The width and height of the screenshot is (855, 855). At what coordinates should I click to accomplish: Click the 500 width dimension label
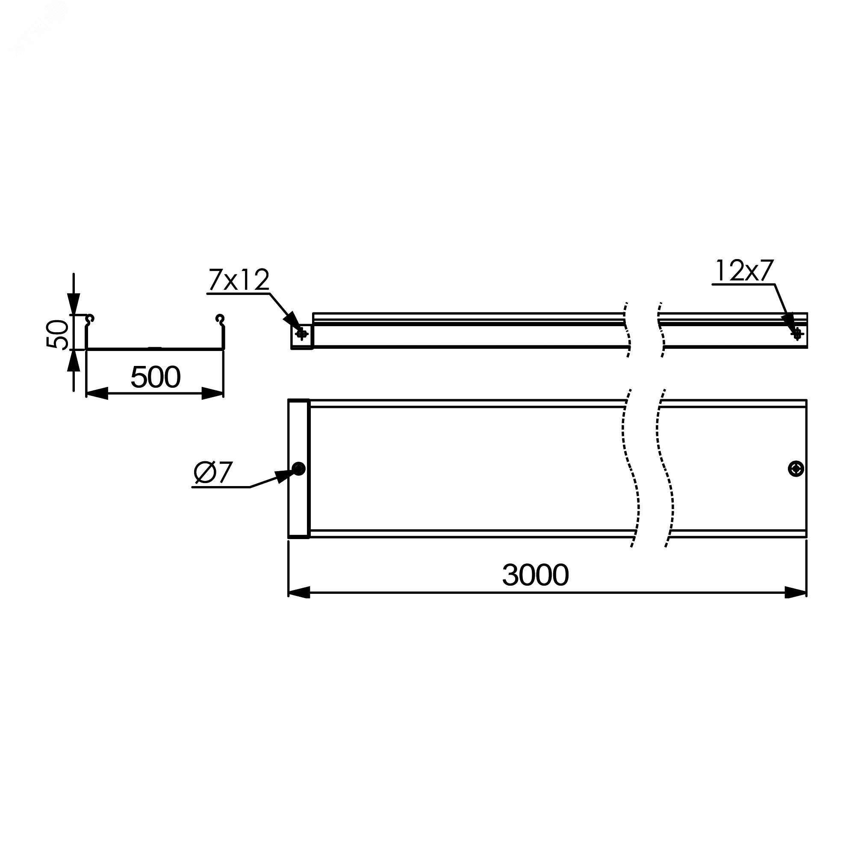[x=155, y=377]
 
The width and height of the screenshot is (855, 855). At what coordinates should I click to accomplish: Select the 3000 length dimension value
[x=535, y=575]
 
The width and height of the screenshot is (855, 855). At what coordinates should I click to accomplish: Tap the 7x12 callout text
[x=238, y=280]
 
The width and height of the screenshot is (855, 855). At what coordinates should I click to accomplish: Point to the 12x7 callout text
[x=744, y=271]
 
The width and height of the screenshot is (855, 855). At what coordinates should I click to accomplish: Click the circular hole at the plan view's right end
[x=796, y=469]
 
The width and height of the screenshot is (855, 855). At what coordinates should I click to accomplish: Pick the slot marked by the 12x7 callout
[x=797, y=334]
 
